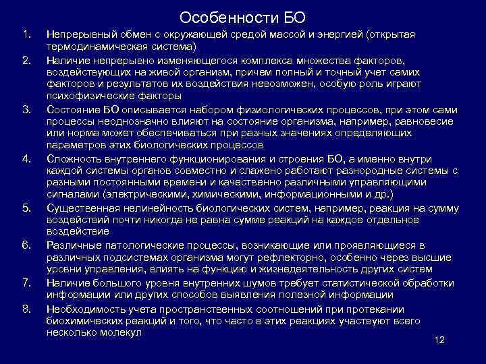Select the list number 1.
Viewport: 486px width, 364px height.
(26, 34)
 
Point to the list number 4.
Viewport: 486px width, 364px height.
(26, 159)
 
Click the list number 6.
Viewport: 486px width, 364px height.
(26, 243)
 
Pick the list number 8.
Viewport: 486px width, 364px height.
(26, 309)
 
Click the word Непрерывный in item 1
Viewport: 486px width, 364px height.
(80, 34)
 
